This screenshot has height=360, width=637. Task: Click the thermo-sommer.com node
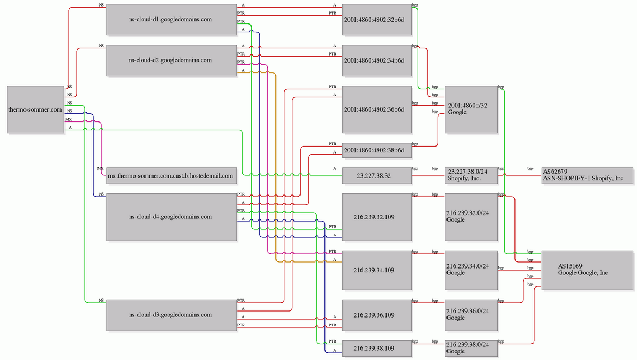click(35, 109)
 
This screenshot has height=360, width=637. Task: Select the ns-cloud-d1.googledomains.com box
click(171, 20)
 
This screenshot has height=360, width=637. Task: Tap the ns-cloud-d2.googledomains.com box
click(171, 60)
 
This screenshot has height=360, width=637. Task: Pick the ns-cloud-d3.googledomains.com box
click(171, 315)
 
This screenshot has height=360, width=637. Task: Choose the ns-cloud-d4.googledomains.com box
click(171, 217)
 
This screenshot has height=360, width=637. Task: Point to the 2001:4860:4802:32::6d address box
click(377, 20)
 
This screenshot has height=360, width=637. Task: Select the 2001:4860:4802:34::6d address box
click(377, 60)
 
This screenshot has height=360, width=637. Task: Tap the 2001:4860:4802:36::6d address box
click(377, 109)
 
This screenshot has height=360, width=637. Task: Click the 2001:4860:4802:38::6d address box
click(377, 150)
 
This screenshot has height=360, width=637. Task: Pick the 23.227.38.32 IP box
click(377, 176)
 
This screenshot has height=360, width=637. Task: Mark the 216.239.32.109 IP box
click(377, 217)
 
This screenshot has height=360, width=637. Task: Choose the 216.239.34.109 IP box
click(377, 270)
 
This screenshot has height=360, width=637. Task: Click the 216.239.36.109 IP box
click(377, 315)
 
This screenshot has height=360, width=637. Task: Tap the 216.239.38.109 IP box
click(377, 348)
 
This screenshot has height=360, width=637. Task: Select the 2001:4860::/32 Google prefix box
click(471, 109)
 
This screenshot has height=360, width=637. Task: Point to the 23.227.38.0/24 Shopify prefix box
click(471, 175)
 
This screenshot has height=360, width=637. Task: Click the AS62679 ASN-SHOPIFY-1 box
click(587, 175)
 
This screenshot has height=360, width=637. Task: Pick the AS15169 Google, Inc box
click(587, 270)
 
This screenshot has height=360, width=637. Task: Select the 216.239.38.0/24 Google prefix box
click(471, 348)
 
